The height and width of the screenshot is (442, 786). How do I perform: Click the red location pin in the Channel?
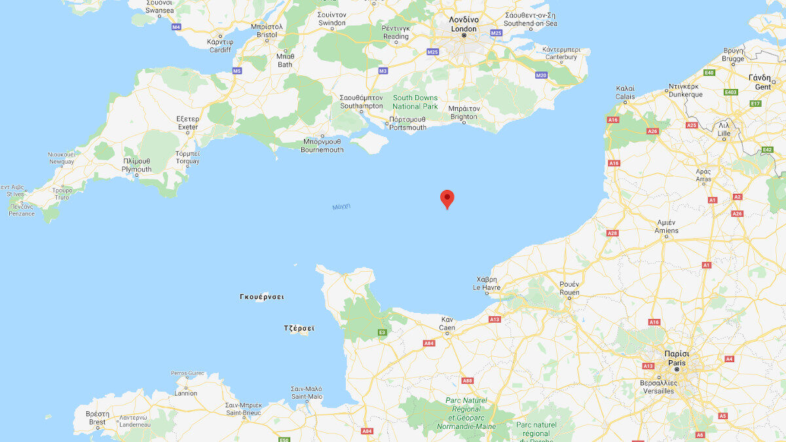click(447, 198)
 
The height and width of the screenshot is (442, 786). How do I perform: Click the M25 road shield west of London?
click(432, 52)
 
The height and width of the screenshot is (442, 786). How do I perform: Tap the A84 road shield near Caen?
click(429, 343)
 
